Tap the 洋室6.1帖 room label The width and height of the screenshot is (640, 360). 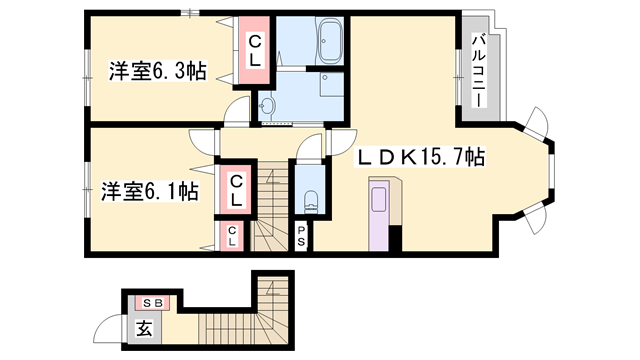pos(149,189)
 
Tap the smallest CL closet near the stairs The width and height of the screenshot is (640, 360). pos(232,236)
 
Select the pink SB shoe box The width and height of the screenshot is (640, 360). pos(153,301)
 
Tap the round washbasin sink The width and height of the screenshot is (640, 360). pos(267,104)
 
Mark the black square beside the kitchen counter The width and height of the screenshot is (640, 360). pos(395,239)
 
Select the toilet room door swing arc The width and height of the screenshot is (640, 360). pos(311,146)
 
